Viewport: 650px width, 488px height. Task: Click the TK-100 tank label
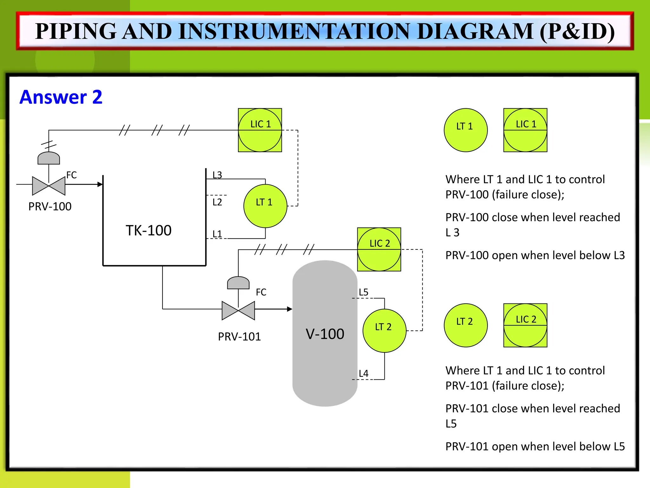click(149, 230)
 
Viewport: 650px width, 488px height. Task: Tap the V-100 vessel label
click(325, 334)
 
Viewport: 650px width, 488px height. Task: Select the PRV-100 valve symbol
click(49, 186)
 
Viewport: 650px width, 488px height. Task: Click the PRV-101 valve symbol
click(238, 310)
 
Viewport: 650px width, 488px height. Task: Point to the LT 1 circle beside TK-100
click(265, 206)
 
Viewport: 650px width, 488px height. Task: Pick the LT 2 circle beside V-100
click(384, 330)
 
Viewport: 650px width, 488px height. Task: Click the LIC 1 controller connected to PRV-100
click(260, 130)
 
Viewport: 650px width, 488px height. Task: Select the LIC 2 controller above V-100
click(379, 249)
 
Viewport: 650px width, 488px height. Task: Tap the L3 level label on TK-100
click(217, 175)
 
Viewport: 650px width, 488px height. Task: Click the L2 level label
click(217, 202)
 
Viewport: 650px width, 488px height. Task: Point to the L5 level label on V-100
click(363, 292)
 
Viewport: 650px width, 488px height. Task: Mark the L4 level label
click(363, 373)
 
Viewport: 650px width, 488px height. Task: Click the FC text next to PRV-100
click(71, 175)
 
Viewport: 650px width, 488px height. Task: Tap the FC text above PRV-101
click(261, 292)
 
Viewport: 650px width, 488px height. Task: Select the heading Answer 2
click(61, 97)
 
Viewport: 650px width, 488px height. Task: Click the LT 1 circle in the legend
click(465, 130)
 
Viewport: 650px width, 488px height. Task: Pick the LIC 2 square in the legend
click(525, 325)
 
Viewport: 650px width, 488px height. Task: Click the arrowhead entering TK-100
click(100, 184)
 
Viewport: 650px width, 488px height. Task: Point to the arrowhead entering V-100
click(289, 309)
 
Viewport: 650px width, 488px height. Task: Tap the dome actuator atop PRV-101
click(238, 282)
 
